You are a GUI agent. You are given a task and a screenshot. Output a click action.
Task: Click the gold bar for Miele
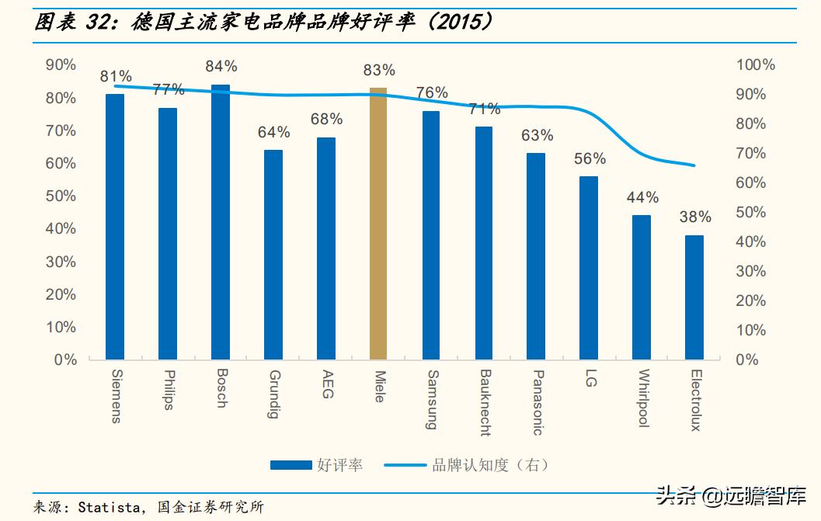pyautogui.click(x=378, y=224)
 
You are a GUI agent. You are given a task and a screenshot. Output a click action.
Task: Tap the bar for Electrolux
pyautogui.click(x=694, y=297)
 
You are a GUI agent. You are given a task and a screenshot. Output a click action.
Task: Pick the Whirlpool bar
pyautogui.click(x=642, y=287)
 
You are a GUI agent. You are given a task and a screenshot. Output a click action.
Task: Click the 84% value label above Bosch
pyautogui.click(x=221, y=67)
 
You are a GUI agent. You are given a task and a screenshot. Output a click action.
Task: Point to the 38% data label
pyautogui.click(x=695, y=217)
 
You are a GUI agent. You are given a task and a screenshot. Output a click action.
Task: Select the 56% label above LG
pyautogui.click(x=590, y=158)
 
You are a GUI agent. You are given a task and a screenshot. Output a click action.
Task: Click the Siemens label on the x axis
pyautogui.click(x=116, y=396)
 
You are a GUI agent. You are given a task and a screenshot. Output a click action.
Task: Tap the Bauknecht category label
pyautogui.click(x=485, y=402)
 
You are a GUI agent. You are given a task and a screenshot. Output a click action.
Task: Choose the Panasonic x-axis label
pyautogui.click(x=537, y=402)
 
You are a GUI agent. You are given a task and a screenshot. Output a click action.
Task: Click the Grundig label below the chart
pyautogui.click(x=273, y=394)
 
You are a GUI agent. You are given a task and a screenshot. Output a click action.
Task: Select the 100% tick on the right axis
pyautogui.click(x=755, y=65)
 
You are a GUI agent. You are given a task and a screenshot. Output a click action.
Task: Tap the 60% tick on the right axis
pyautogui.click(x=751, y=183)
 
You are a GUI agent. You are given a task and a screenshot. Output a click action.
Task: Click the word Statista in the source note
pyautogui.click(x=109, y=508)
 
